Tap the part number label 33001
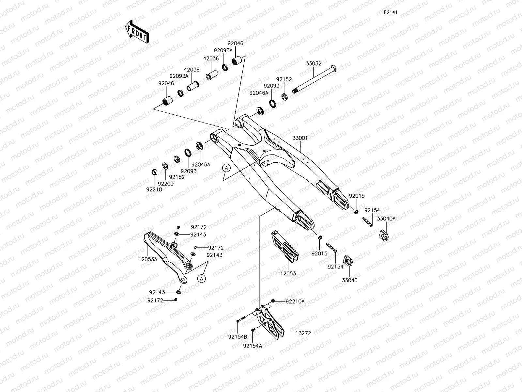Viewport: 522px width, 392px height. pyautogui.click(x=300, y=138)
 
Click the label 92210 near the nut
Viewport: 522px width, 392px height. pyautogui.click(x=154, y=189)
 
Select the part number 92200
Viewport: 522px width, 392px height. pyautogui.click(x=166, y=184)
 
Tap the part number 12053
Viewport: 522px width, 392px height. pyautogui.click(x=288, y=273)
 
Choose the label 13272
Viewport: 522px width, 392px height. pyautogui.click(x=303, y=334)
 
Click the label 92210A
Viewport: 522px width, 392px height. pyautogui.click(x=295, y=302)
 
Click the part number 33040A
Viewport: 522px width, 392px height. pyautogui.click(x=386, y=219)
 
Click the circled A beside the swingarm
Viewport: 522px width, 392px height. pyautogui.click(x=227, y=168)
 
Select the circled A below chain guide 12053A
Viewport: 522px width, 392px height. pyautogui.click(x=202, y=278)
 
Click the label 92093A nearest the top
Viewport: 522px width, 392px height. pyautogui.click(x=223, y=50)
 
